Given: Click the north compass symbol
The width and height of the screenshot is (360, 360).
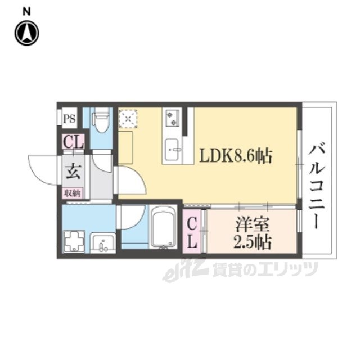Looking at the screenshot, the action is [26, 33].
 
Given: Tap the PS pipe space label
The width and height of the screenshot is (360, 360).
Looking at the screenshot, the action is [69, 119].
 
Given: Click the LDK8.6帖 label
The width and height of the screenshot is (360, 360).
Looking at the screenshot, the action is [236, 155].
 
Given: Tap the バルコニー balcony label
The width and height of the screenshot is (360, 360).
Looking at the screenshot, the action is [317, 186].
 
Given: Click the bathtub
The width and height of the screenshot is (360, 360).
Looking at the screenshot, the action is [163, 227].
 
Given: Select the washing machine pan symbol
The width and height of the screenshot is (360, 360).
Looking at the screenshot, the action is [74, 241].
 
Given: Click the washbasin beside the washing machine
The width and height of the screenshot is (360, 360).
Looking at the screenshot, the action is [103, 243].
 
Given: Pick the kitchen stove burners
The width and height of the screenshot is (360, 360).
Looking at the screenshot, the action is [173, 118].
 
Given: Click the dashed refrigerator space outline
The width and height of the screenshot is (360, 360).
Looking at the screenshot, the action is [128, 119].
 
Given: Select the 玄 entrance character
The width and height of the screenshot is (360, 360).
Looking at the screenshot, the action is [74, 172].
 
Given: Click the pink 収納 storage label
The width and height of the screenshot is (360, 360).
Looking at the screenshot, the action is [73, 193].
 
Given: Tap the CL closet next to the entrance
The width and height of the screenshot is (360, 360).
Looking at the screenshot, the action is [73, 142].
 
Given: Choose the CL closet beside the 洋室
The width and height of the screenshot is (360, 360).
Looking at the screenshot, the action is [192, 232].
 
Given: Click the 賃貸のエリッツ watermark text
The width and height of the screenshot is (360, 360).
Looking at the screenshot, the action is [265, 269].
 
